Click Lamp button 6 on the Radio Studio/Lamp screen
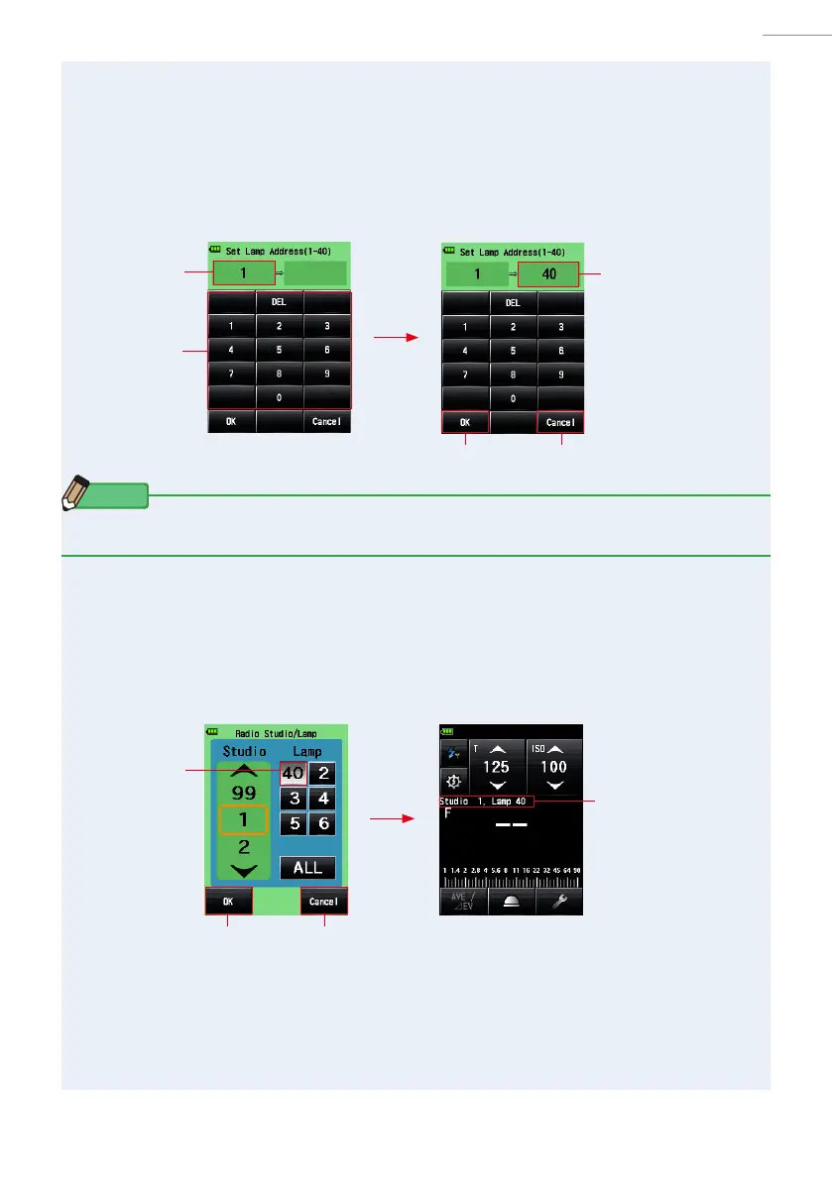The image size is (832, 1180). point(321,823)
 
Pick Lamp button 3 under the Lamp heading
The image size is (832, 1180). point(293,799)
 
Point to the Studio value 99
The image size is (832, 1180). point(243,794)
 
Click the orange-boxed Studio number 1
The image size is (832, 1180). point(243,820)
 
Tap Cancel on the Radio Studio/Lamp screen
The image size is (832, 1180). point(323,901)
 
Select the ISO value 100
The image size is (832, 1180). point(553,768)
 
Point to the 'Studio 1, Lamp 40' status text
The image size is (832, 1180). point(486,801)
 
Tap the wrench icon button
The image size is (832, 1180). point(558,900)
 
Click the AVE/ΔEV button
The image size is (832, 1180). point(463,900)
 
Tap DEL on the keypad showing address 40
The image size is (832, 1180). point(513,303)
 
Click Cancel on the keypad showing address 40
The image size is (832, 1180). point(560,422)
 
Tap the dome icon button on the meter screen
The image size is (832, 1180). point(511,900)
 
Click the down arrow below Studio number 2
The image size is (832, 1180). point(243,871)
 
